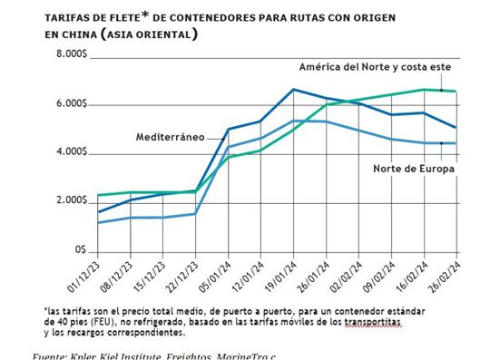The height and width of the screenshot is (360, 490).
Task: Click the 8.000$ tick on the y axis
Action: [x=70, y=55]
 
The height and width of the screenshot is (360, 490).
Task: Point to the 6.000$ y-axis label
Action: [x=70, y=104]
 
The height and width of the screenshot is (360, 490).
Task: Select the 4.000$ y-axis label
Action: [x=70, y=152]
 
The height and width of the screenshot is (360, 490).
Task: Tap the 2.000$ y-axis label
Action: [x=70, y=200]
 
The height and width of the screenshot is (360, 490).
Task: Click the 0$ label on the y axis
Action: [x=81, y=248]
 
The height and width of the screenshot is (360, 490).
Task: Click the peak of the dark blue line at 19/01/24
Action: [x=293, y=90]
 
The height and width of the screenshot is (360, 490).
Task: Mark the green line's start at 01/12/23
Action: [x=98, y=195]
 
